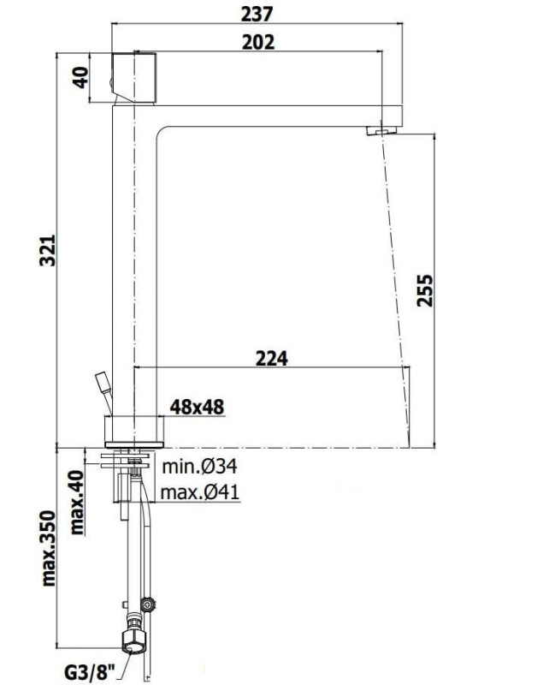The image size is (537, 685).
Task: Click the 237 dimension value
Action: click(257, 14)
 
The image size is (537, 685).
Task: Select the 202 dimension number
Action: click(259, 42)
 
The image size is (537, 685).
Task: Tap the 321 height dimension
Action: click(48, 250)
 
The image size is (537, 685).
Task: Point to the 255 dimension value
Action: click(425, 290)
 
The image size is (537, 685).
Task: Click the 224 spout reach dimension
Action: click(272, 358)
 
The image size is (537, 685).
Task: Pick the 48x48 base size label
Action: click(198, 408)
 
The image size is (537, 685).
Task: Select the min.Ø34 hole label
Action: click(200, 467)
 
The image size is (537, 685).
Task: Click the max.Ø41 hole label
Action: click(200, 492)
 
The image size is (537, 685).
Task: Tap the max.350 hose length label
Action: click(49, 548)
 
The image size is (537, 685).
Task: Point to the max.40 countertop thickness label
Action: click(77, 503)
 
